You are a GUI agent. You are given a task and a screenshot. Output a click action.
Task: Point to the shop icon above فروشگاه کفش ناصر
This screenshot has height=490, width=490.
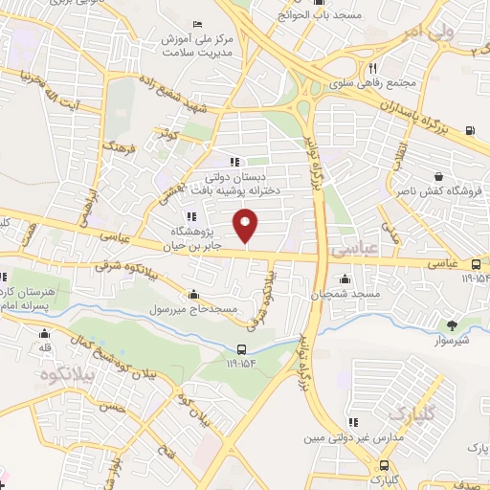(437, 176)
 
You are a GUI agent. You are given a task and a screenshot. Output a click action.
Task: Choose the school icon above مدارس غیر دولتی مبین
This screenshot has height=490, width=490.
(354, 421)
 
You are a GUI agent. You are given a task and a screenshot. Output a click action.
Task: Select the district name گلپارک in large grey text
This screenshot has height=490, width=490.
(410, 412)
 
